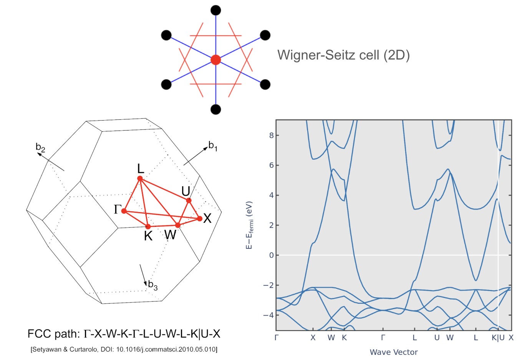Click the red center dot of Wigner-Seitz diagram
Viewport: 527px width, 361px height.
pyautogui.click(x=216, y=60)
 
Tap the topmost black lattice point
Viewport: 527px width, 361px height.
pyautogui.click(x=216, y=10)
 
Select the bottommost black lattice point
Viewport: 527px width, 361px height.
pyautogui.click(x=216, y=109)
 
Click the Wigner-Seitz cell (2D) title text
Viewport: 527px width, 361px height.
pyautogui.click(x=343, y=55)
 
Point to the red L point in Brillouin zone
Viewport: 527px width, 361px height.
pyautogui.click(x=140, y=179)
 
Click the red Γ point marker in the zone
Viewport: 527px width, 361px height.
pyautogui.click(x=124, y=211)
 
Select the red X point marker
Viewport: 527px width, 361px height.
pyautogui.click(x=199, y=219)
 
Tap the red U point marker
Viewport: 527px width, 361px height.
pyautogui.click(x=189, y=200)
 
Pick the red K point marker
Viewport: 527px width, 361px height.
pyautogui.click(x=148, y=227)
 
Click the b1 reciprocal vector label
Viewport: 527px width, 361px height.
pyautogui.click(x=213, y=146)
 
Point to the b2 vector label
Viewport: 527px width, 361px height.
pyautogui.click(x=40, y=147)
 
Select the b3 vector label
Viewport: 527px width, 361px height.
pyautogui.click(x=153, y=285)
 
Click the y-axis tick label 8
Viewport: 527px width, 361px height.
pyautogui.click(x=272, y=135)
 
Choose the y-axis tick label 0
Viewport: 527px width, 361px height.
pyautogui.click(x=272, y=255)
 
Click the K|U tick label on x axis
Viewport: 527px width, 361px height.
pyautogui.click(x=498, y=338)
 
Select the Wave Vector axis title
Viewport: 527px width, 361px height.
pyautogui.click(x=394, y=352)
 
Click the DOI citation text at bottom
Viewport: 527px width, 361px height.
pyautogui.click(x=124, y=349)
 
